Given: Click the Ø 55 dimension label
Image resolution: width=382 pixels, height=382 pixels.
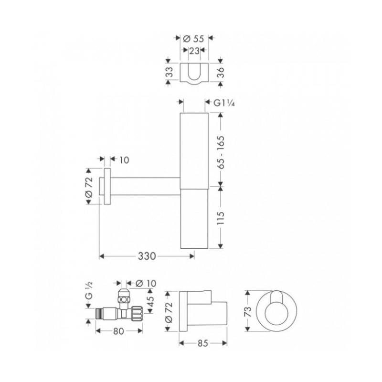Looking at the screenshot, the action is pos(193,39).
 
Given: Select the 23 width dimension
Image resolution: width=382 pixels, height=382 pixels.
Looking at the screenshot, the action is pos(194,51).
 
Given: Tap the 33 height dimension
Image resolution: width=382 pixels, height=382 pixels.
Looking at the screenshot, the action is pos(170,72).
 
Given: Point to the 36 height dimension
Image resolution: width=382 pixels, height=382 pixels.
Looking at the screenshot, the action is pos(220,72).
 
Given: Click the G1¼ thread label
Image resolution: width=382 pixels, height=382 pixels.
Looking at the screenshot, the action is pos(224,103).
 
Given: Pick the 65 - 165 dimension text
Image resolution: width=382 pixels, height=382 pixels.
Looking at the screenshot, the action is pos(221,152).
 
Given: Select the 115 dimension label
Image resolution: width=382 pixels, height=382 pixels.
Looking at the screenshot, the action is pos(220,218).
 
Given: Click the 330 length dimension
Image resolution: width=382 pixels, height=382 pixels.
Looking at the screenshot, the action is pos(147,256).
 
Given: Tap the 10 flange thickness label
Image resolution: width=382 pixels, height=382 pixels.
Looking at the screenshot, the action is pos(124,160).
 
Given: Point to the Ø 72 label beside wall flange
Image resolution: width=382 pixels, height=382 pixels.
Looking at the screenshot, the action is pos(89,187).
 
